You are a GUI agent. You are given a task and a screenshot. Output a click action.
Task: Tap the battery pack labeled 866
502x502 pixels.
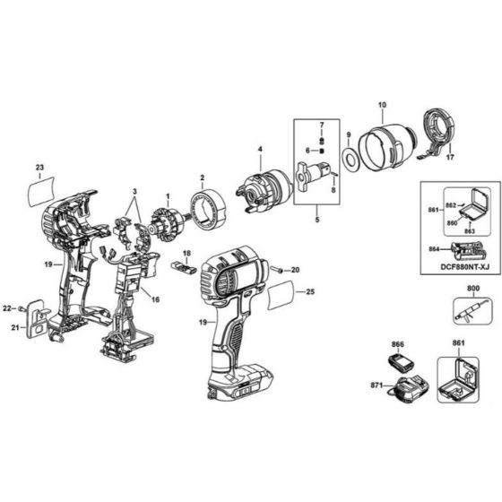[x=397, y=361]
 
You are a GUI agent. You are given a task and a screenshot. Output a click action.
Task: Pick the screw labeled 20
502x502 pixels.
[x=279, y=269]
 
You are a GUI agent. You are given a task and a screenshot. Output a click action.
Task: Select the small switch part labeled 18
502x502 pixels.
[x=184, y=269]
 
